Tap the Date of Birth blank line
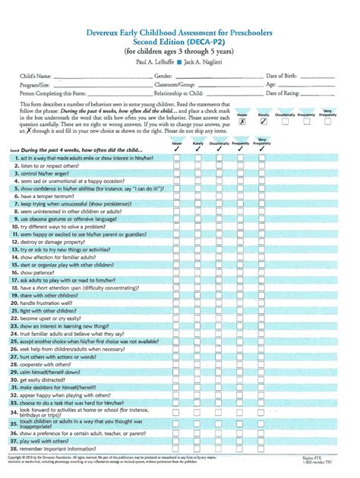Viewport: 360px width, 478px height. (318, 77)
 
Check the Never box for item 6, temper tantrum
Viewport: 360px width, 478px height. (176, 195)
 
